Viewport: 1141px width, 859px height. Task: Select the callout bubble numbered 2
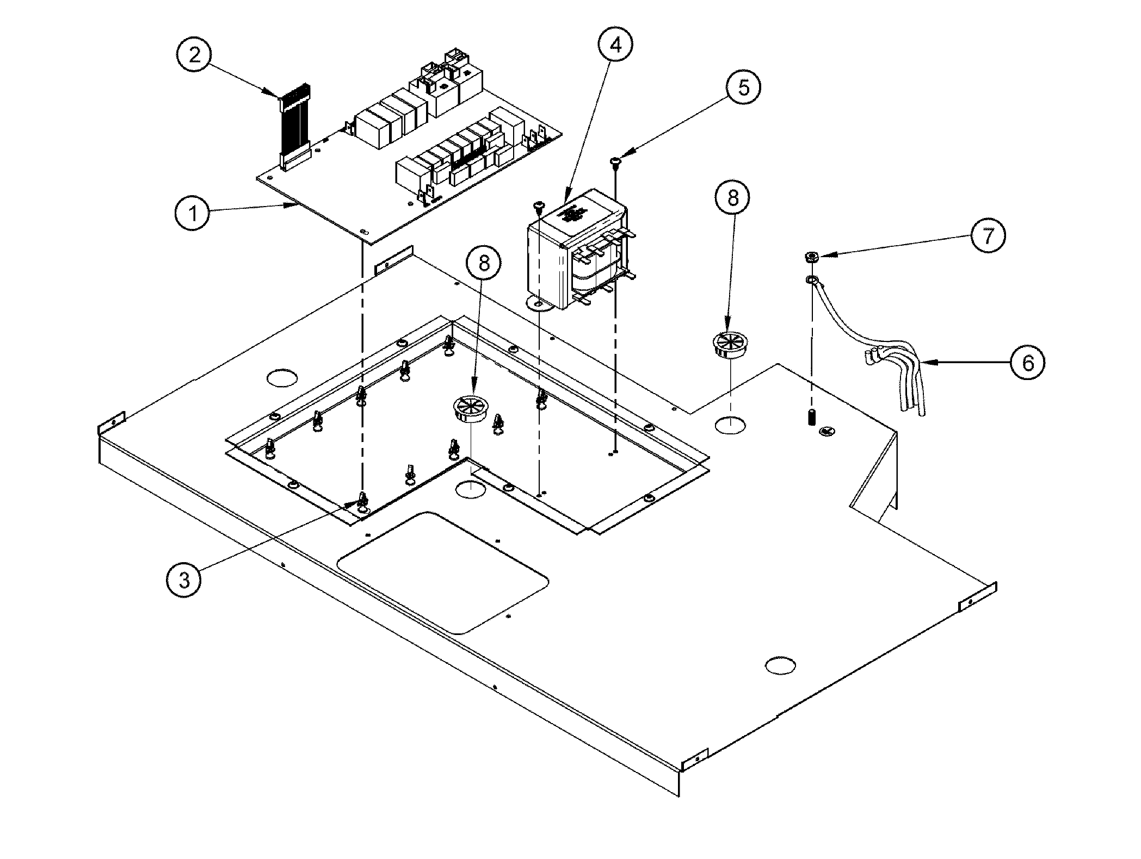(195, 55)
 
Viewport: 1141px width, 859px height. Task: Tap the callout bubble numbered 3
(183, 580)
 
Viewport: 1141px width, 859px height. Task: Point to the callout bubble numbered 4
(615, 45)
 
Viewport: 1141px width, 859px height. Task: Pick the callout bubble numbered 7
(988, 235)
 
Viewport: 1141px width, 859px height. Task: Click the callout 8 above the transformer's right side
(733, 198)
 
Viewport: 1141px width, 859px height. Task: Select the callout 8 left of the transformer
(483, 264)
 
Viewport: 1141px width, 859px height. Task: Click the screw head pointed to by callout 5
(616, 160)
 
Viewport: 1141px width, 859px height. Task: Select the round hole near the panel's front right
(780, 664)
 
